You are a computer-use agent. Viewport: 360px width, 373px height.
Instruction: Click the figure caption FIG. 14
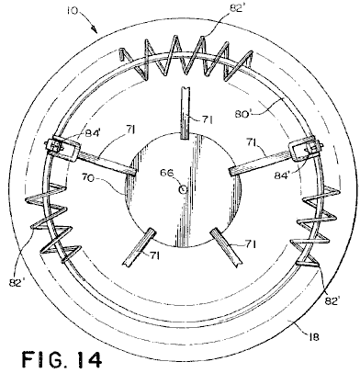pos(62,359)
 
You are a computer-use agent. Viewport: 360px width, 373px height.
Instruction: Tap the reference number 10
pos(73,10)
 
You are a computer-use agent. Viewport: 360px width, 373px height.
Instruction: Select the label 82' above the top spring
pos(236,8)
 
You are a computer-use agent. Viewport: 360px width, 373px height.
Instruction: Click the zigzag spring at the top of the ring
pos(186,59)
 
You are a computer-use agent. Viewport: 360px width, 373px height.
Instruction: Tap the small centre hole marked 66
pos(183,190)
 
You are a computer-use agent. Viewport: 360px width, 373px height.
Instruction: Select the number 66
pos(167,174)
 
